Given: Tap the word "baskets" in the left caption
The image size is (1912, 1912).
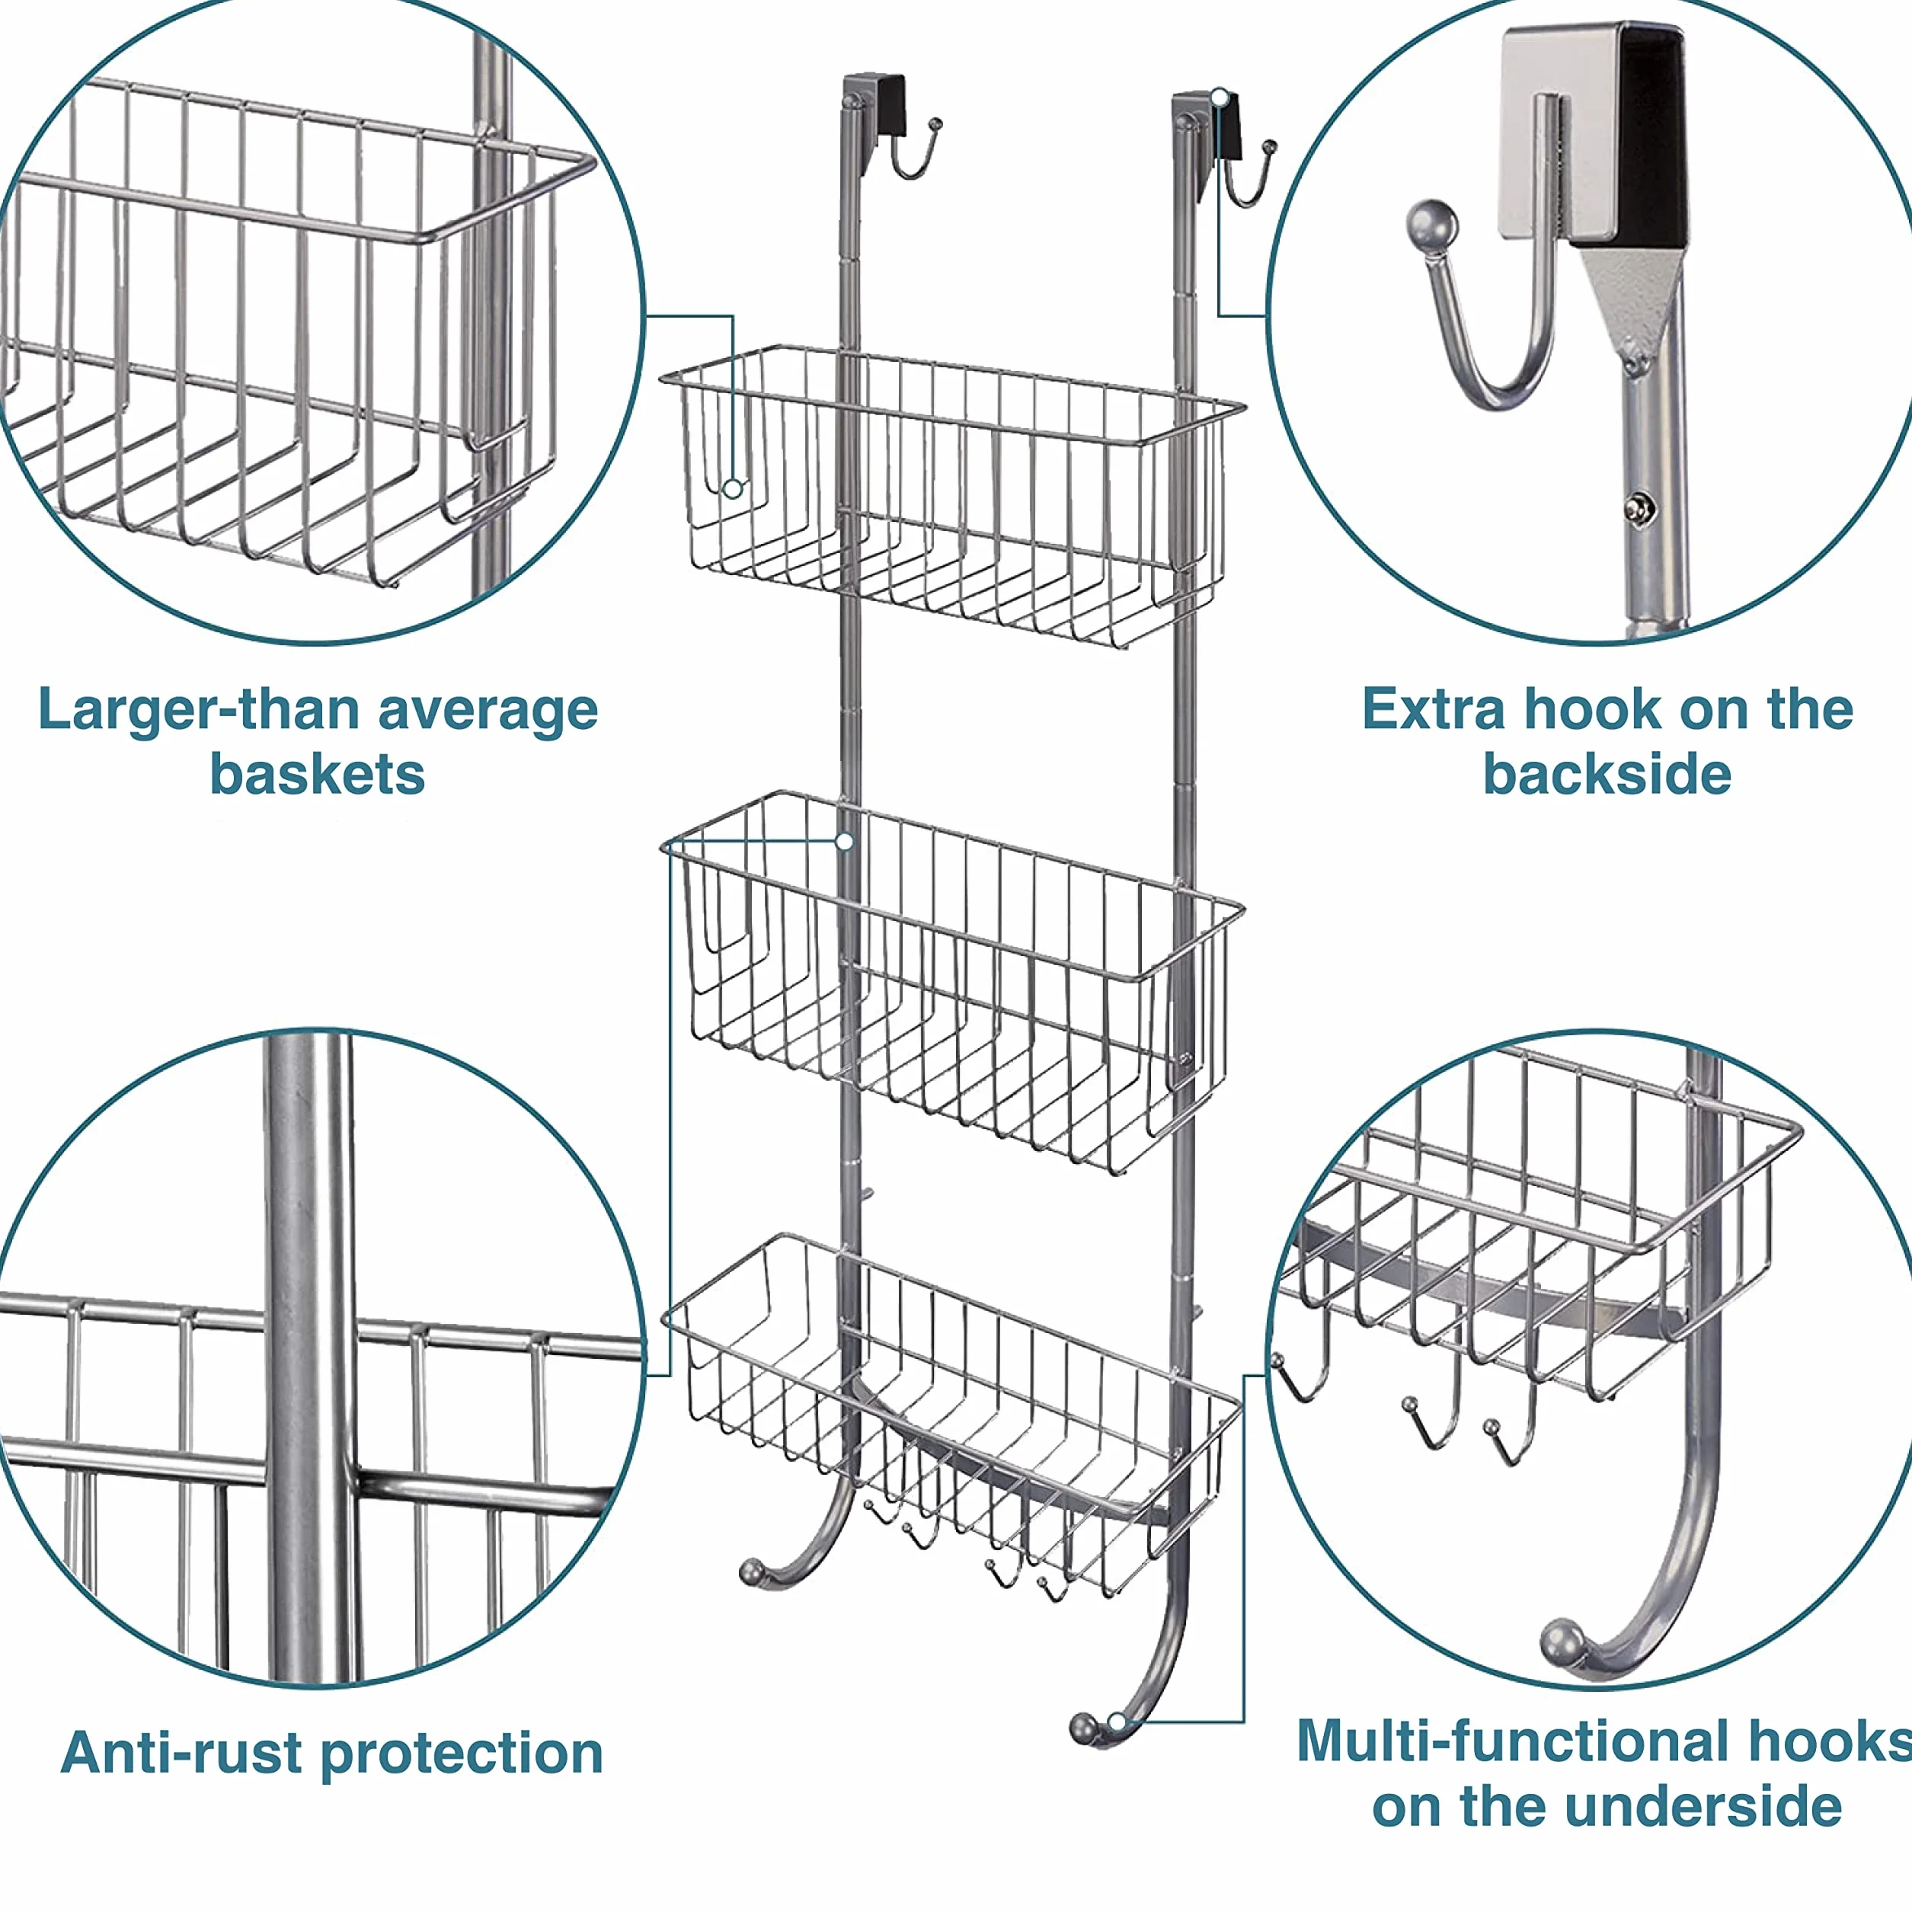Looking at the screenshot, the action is click(317, 774).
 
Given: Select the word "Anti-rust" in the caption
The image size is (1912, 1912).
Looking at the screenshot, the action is click(181, 1753).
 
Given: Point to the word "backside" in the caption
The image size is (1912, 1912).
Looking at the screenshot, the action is click(1607, 773).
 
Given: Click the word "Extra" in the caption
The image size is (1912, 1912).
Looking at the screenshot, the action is click(1434, 710).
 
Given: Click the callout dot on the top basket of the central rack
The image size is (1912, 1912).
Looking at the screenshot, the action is click(732, 488).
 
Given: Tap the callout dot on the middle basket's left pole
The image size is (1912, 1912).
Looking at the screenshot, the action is click(844, 841).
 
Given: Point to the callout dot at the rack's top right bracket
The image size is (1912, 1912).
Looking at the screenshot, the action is click(1220, 97).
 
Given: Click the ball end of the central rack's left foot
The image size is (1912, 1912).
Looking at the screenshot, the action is click(752, 1571).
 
